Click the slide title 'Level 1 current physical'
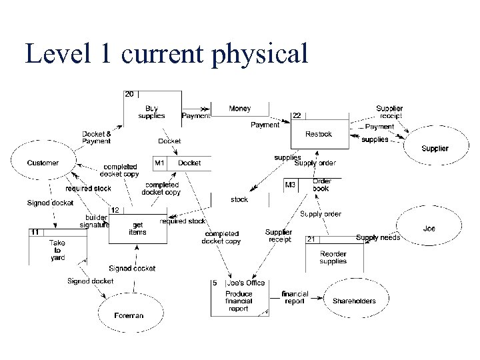tap(167, 53)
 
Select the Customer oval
tap(43, 163)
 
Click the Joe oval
tap(429, 229)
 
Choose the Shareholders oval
tap(354, 301)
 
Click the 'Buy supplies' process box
tap(151, 111)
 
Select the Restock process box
tap(319, 134)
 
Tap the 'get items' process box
tap(138, 229)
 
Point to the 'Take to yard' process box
tap(57, 251)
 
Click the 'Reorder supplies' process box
tap(333, 257)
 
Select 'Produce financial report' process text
tap(239, 301)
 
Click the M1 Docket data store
tap(182, 163)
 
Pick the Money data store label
tap(240, 108)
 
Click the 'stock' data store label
tap(239, 199)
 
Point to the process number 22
tap(297, 115)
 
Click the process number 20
tap(129, 93)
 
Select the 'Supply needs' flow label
tap(378, 238)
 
